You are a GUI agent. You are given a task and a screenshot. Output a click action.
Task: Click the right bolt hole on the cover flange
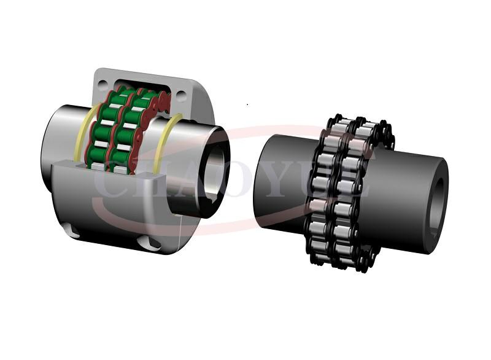coord(181,96)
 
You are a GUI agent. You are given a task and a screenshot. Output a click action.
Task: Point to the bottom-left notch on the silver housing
coord(72,231)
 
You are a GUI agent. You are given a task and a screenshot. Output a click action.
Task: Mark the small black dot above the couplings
coord(247,104)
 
